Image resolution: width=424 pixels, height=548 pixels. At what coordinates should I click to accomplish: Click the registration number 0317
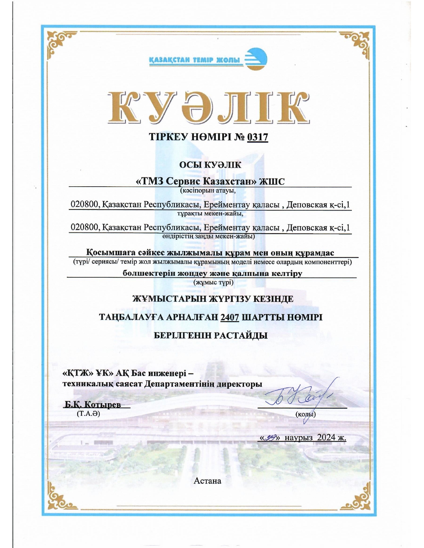(x=257, y=137)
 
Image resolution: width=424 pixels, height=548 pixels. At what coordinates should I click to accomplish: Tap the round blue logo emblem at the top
(x=256, y=59)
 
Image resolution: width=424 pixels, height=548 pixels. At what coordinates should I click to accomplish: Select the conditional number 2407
(x=229, y=317)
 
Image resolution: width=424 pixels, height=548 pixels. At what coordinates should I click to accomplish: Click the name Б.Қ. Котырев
(x=92, y=404)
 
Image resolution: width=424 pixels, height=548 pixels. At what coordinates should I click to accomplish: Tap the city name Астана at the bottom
(x=208, y=480)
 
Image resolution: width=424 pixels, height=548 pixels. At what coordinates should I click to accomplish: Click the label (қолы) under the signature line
(x=305, y=414)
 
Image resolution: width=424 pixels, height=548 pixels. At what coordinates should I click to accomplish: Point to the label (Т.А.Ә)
(x=88, y=414)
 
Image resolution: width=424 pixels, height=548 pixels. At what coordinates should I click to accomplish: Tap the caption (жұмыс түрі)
(x=213, y=283)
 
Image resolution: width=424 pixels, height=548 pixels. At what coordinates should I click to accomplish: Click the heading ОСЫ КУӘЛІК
(x=210, y=165)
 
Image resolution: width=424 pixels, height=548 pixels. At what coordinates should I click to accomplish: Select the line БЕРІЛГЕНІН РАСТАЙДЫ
(x=211, y=335)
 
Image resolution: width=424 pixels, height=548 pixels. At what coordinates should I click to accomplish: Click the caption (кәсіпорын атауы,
(x=208, y=191)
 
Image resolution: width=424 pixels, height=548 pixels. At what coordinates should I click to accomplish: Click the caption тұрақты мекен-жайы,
(x=210, y=213)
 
